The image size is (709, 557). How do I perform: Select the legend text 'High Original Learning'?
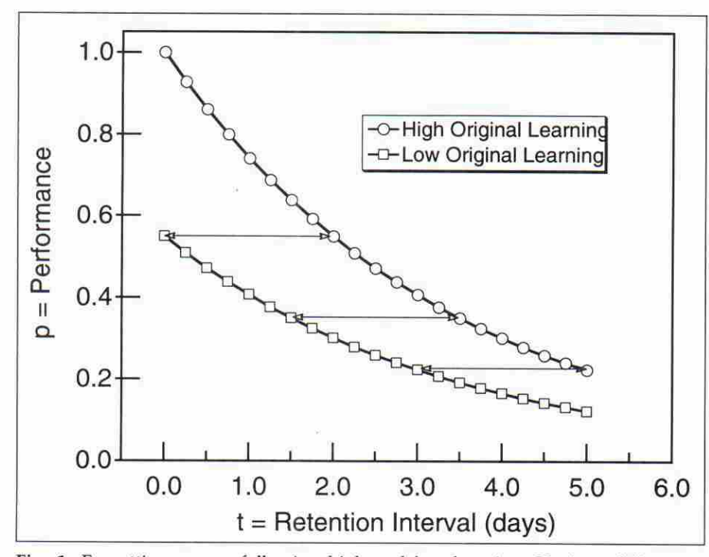pos(498,129)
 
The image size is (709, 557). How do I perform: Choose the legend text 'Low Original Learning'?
pos(498,156)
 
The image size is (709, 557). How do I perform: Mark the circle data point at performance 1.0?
pos(165,52)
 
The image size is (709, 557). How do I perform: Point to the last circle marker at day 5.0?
pos(588,371)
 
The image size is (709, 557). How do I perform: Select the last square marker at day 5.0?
pos(587,412)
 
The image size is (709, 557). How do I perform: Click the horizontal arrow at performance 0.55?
pos(248,235)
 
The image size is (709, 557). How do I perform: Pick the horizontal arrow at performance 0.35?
pos(375,317)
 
